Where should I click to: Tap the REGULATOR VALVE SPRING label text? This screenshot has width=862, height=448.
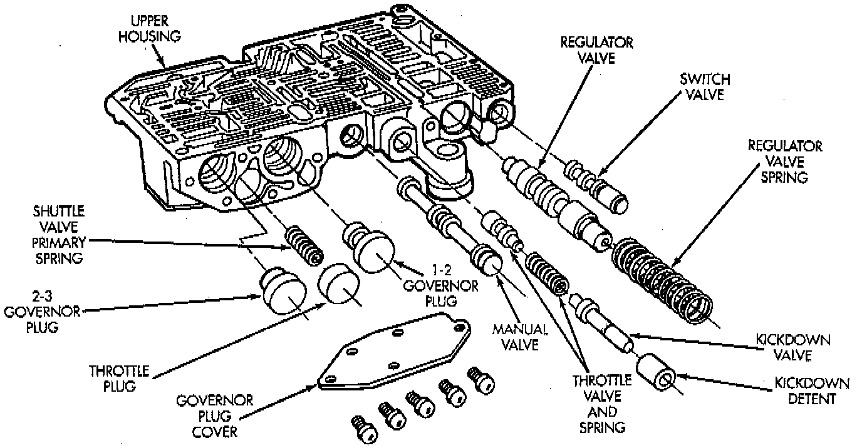pos(786,161)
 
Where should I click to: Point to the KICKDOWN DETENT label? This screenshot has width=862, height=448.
pos(811,390)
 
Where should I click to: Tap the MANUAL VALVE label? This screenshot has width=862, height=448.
pos(520,336)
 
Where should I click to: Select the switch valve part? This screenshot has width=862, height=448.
pos(598,186)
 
